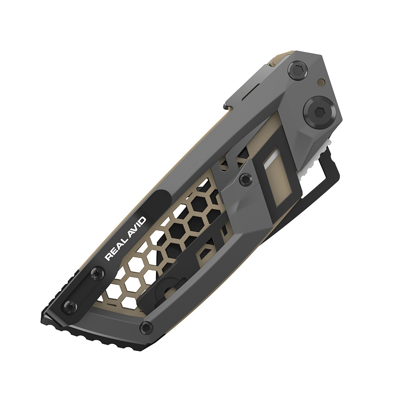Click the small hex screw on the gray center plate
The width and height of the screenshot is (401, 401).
click(x=243, y=181)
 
